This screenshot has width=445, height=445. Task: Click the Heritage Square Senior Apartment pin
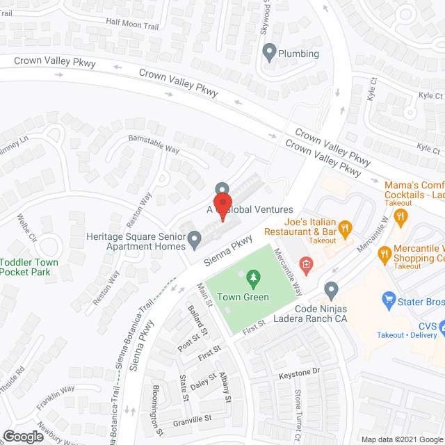click(195, 241)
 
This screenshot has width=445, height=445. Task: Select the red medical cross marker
click(304, 264)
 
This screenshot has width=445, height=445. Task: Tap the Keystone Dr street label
click(299, 372)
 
